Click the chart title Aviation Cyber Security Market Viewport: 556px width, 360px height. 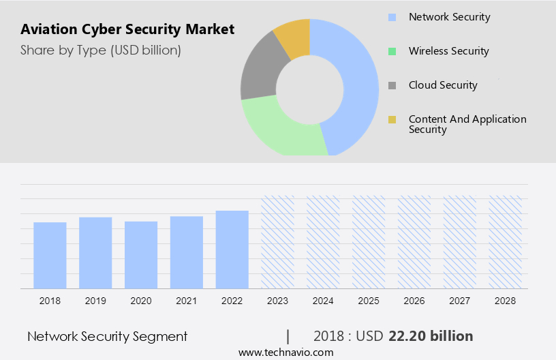point(127,29)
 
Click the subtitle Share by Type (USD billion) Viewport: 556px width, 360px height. point(101,50)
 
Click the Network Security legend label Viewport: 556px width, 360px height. point(449,17)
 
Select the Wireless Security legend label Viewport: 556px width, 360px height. point(448,51)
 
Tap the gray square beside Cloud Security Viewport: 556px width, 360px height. point(392,86)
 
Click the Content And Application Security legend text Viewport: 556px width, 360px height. point(467,124)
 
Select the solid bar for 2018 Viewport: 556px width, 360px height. point(50,255)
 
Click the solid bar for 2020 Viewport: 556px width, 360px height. point(141,254)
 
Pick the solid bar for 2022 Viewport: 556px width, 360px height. point(232,250)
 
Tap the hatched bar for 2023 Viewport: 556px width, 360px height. point(278,242)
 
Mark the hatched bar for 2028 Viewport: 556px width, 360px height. point(506,242)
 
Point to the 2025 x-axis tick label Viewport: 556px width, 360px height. point(369,300)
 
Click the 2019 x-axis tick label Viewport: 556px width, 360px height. point(95,300)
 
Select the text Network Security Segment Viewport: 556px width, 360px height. point(107,336)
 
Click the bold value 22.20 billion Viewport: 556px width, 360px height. point(431,336)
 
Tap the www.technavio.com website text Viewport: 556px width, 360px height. point(285,352)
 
